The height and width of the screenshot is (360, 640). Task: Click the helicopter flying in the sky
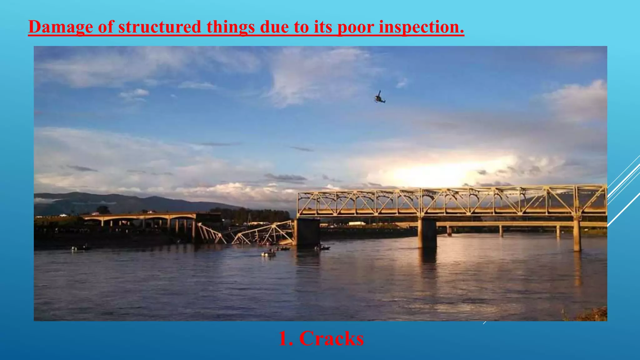(380, 97)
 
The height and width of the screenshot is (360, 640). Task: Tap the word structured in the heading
(159, 27)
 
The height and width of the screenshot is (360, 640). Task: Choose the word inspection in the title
(421, 27)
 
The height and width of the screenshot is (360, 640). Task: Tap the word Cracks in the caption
(332, 338)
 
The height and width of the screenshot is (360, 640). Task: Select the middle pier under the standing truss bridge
(427, 233)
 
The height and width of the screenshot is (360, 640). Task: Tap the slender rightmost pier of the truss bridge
(577, 234)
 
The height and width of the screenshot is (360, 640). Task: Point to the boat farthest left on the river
(80, 248)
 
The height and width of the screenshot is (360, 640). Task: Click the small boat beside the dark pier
(322, 247)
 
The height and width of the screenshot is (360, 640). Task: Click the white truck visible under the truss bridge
(357, 223)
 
